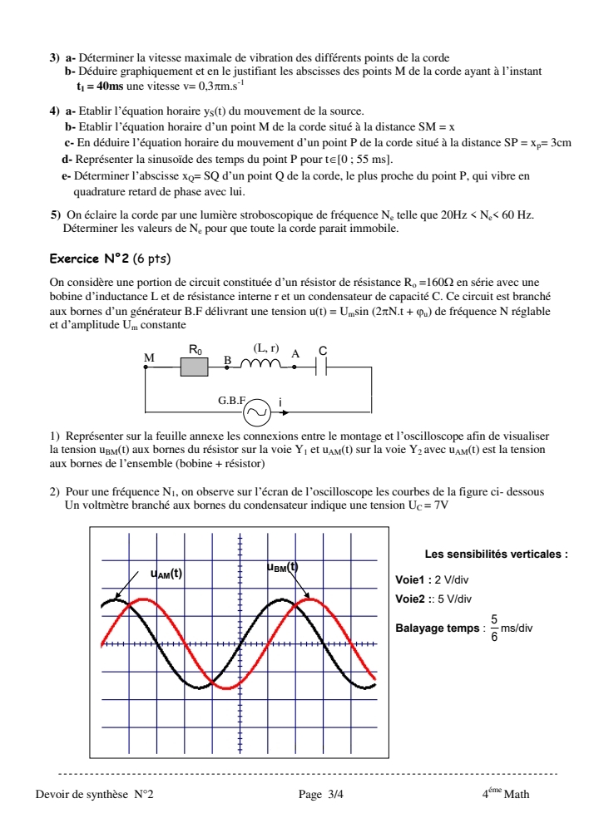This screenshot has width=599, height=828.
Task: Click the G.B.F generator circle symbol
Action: (258, 410)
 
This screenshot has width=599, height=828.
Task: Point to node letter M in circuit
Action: (150, 357)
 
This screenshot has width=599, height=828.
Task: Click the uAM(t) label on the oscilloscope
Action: (166, 573)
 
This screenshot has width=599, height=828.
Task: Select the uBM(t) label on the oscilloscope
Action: (282, 567)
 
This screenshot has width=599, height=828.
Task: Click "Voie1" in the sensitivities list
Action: (411, 579)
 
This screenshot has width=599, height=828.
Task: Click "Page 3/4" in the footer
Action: (320, 794)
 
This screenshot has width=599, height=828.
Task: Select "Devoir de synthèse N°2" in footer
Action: (94, 794)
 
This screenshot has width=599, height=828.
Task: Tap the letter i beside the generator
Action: (281, 402)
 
